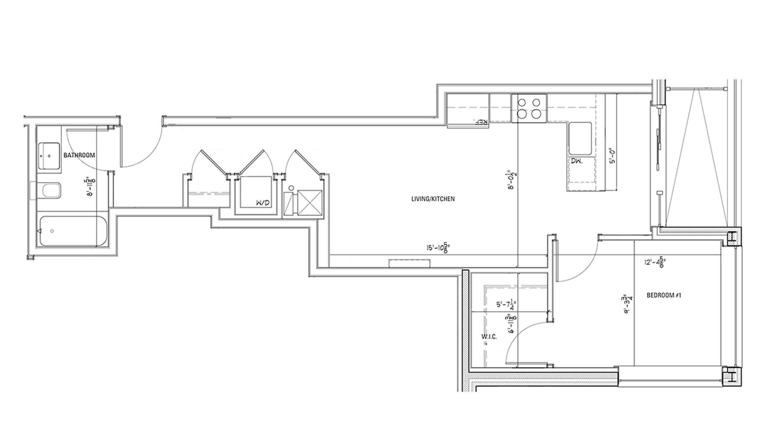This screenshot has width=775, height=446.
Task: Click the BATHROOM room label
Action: tap(79, 156)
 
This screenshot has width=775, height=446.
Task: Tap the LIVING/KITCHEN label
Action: tap(433, 199)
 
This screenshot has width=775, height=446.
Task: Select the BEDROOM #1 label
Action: tap(663, 295)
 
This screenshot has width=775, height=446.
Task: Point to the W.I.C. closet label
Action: tap(489, 337)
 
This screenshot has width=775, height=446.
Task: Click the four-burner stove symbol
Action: tap(529, 108)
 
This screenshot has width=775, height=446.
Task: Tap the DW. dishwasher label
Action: tap(577, 161)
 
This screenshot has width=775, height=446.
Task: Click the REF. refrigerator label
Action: tap(482, 122)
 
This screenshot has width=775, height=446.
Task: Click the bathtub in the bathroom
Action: tap(72, 231)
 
